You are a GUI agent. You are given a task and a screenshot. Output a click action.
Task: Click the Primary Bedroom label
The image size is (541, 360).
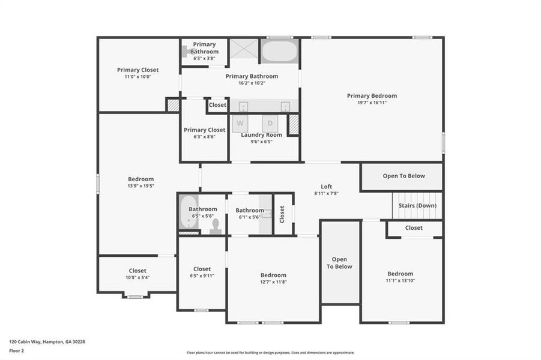pyautogui.click(x=372, y=95)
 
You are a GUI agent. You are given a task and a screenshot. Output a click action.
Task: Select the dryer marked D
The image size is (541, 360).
pyautogui.click(x=270, y=124)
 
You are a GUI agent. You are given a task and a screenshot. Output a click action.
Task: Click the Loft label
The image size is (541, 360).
pyautogui.click(x=326, y=187)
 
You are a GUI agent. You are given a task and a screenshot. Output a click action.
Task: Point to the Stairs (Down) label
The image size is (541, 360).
pyautogui.click(x=417, y=206)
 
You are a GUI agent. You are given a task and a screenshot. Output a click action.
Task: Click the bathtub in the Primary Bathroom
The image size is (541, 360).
pyautogui.click(x=279, y=51)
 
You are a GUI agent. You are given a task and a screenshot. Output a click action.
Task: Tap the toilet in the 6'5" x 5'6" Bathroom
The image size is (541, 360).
pyautogui.click(x=216, y=226)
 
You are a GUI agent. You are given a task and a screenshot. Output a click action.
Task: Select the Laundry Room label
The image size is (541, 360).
pyautogui.click(x=261, y=135)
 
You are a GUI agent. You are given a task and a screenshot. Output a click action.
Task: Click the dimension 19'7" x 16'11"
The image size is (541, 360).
pyautogui.click(x=372, y=103)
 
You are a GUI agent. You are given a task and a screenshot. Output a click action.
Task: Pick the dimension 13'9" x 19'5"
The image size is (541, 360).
pyautogui.click(x=141, y=186)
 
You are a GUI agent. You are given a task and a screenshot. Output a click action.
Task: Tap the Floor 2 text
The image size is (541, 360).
pyautogui.click(x=17, y=350)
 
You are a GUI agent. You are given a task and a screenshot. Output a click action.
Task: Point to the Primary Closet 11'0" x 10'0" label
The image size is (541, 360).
pyautogui.click(x=138, y=70)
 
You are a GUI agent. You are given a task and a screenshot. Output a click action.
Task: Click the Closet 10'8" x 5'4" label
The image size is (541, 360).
pyautogui.click(x=138, y=271)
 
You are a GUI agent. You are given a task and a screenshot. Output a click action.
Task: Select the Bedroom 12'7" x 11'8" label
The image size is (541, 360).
pyautogui.click(x=273, y=275)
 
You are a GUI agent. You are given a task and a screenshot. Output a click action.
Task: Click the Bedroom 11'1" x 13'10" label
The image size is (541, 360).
pyautogui.click(x=400, y=274)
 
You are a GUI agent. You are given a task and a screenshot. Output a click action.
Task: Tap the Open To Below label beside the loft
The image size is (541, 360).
pyautogui.click(x=403, y=176)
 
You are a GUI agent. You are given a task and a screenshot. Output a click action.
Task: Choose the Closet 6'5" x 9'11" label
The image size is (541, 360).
pyautogui.click(x=202, y=269)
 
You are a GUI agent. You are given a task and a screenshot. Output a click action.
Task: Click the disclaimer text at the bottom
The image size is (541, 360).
pyautogui.click(x=270, y=353)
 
